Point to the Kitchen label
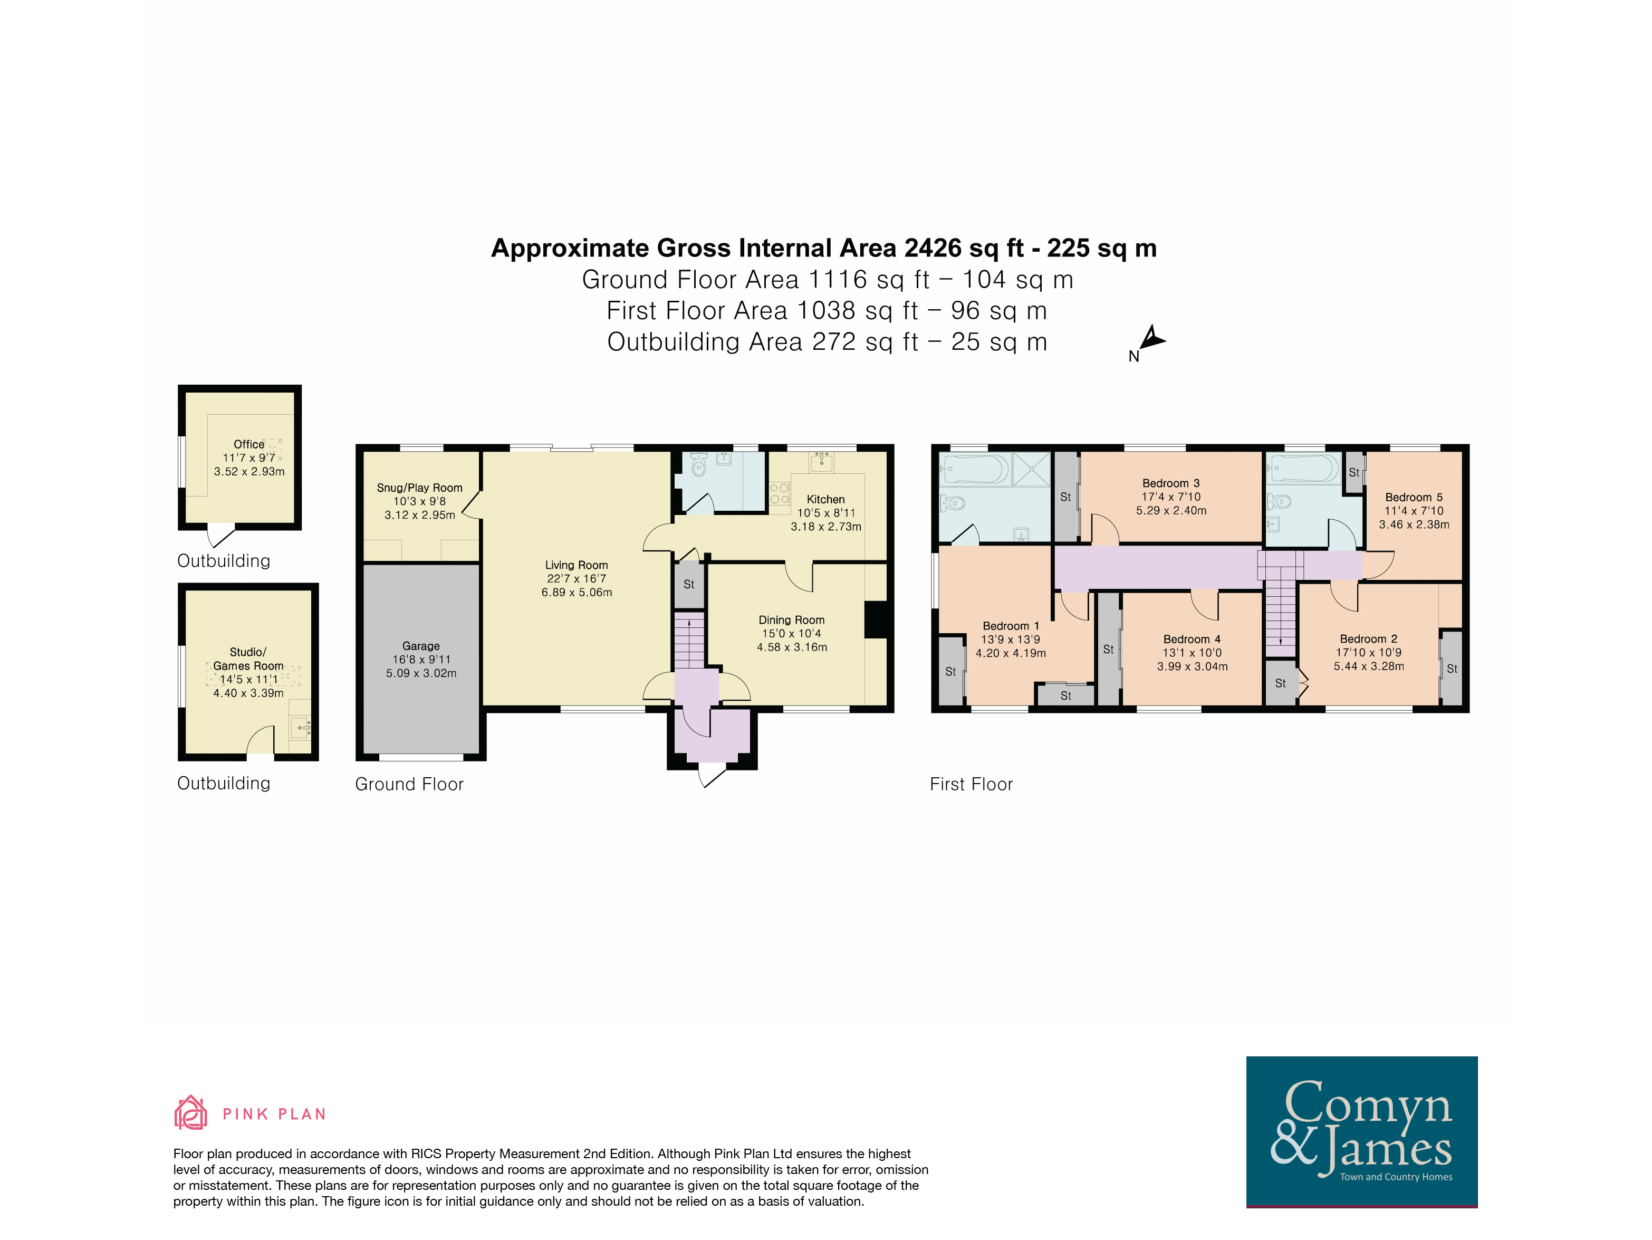[826, 500]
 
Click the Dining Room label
[792, 620]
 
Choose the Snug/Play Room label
[420, 488]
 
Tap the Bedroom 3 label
[1171, 483]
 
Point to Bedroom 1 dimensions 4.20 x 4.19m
[1011, 653]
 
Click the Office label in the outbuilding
[248, 444]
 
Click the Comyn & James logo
[1361, 1131]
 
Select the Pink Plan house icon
[190, 1112]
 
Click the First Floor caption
[971, 784]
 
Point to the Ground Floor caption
[409, 784]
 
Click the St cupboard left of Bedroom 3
[1066, 497]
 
